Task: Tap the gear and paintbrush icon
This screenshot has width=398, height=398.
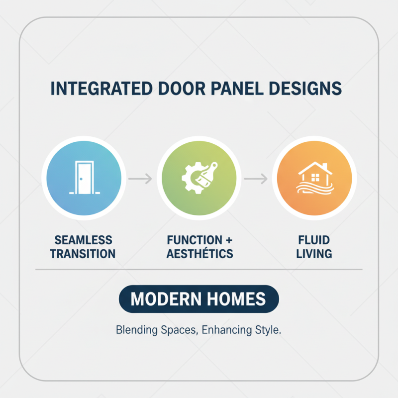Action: click(x=199, y=178)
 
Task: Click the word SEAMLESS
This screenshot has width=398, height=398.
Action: click(x=84, y=241)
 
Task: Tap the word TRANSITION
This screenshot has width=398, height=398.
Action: click(x=83, y=254)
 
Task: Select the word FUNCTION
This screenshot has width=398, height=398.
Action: click(x=191, y=241)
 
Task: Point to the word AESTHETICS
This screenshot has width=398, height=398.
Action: click(x=199, y=254)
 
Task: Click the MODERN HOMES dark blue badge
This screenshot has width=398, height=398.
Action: click(x=199, y=299)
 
